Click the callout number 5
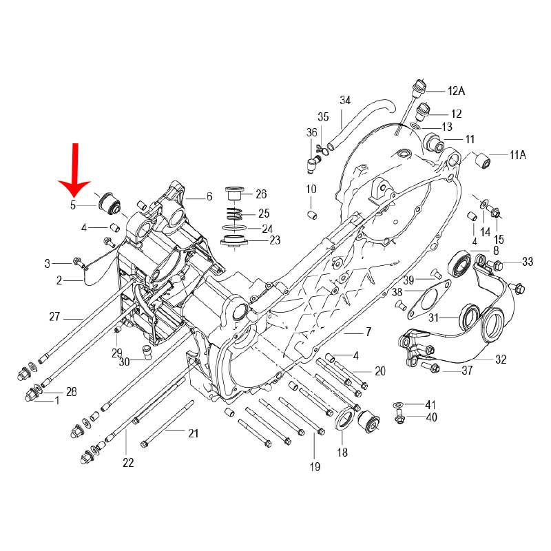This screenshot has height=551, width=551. pos(72,205)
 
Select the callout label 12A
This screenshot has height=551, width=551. pos(457,91)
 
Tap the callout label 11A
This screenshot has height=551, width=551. pos(517,156)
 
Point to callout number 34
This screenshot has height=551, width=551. pos(345,100)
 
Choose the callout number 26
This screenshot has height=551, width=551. pos(261,194)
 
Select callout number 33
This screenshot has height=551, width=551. pos(528,261)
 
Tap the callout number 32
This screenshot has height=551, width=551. pos(501,360)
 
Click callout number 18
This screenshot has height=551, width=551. pos(342,453)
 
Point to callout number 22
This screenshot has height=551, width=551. pos(128,463)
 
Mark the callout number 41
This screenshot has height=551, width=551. pos(430,404)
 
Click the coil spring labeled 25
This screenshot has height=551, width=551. pos(236,213)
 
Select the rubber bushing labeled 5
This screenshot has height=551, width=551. pos(110,202)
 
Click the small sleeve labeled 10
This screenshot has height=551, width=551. pos(311,216)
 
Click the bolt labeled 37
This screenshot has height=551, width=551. pos(433,369)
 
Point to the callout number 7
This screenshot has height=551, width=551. pos(368,332)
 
